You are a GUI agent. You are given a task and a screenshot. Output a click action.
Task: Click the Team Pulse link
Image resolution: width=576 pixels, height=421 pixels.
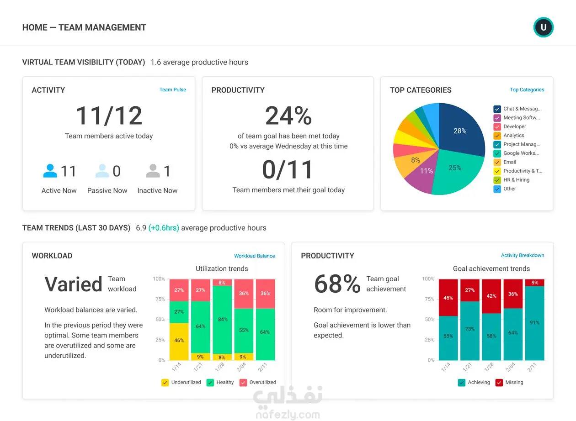click(172, 89)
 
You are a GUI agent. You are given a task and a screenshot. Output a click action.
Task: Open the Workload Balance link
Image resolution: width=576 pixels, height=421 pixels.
click(254, 256)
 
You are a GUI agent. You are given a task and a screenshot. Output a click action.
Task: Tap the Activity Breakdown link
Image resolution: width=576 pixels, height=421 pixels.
click(522, 255)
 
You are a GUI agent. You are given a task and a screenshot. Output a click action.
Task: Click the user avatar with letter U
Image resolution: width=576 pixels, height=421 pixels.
click(544, 27)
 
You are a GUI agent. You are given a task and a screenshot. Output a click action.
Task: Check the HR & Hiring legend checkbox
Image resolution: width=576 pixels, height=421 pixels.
click(497, 180)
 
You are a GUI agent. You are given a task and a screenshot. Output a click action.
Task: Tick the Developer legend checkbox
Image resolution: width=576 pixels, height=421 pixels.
click(497, 126)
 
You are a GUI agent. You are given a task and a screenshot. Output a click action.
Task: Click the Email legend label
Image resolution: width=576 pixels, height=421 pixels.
click(510, 162)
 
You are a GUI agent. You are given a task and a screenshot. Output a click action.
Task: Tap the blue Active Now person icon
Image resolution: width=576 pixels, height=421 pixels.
click(50, 171)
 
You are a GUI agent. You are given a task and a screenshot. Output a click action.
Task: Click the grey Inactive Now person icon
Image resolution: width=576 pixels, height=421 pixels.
click(153, 171)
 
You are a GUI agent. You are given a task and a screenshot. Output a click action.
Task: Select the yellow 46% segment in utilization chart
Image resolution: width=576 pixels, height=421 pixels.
click(179, 342)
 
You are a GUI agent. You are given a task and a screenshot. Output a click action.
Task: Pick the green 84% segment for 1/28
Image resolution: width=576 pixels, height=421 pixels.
click(222, 320)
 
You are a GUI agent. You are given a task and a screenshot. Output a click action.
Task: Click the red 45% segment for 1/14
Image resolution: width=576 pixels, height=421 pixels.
click(448, 297)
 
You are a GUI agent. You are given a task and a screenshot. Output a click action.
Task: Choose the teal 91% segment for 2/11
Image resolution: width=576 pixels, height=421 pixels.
click(534, 323)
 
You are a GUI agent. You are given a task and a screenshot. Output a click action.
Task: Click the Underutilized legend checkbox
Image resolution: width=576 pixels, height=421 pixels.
click(165, 383)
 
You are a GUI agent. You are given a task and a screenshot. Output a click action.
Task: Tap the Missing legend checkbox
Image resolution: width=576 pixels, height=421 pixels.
click(499, 383)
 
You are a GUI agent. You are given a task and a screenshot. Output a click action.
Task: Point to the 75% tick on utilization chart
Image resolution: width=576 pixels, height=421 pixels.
click(160, 299)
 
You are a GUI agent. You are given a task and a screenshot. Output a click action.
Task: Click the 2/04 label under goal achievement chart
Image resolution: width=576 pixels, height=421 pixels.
click(511, 367)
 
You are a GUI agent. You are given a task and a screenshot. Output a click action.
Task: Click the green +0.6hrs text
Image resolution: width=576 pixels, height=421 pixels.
click(164, 228)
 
